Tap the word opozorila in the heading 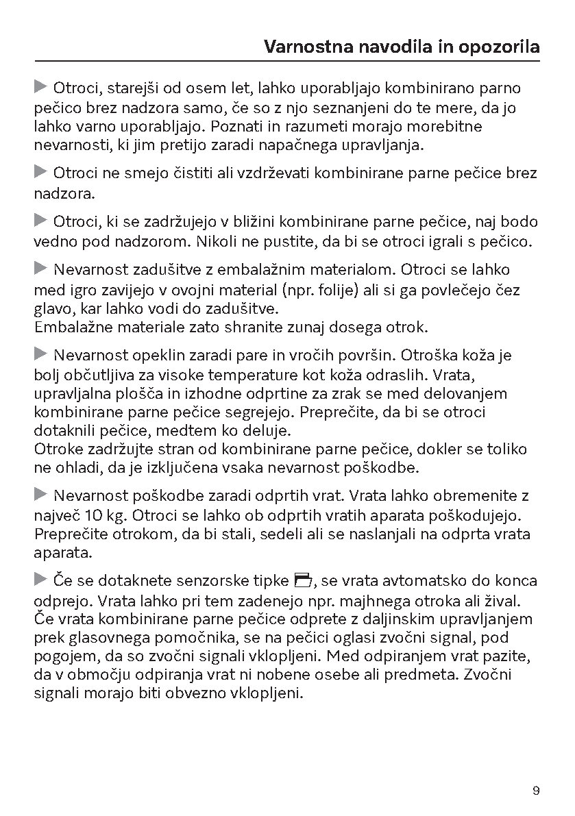pos(499,47)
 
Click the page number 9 pos(536,791)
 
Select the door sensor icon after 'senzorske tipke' pos(302,582)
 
